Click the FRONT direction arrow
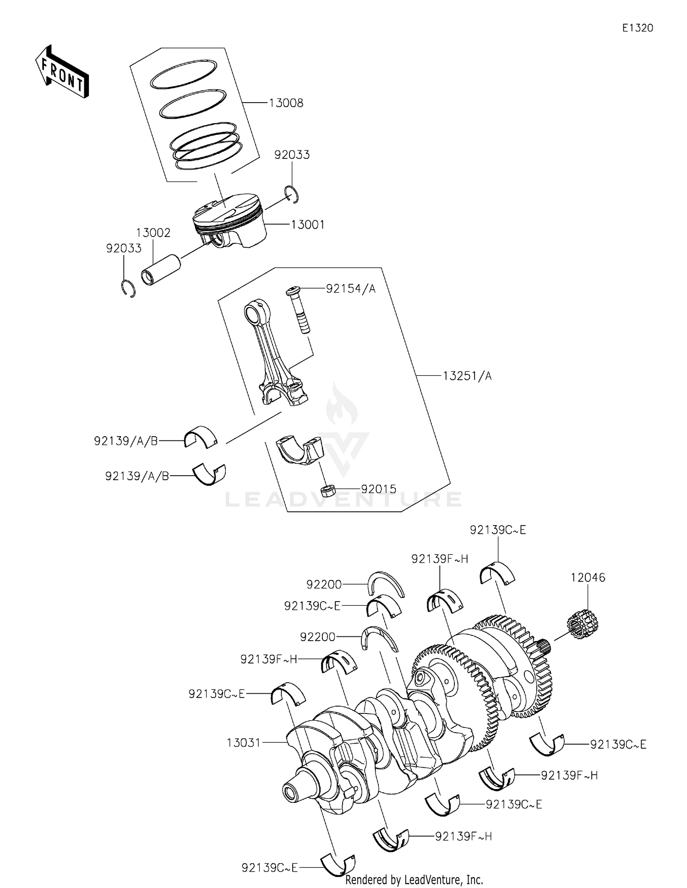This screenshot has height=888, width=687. (x=62, y=72)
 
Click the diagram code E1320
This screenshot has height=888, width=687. (x=637, y=28)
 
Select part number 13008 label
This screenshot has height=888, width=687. (x=286, y=103)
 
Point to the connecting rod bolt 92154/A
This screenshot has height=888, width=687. (x=297, y=310)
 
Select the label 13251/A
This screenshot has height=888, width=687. (x=467, y=376)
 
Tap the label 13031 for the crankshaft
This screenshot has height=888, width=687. (x=243, y=743)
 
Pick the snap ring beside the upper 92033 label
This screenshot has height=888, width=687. (x=292, y=194)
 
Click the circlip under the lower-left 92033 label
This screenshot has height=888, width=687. (x=129, y=288)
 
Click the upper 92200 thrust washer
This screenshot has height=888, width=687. (x=387, y=584)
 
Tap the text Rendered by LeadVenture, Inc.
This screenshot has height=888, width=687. (x=414, y=879)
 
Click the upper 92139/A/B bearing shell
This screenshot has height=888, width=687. (x=201, y=437)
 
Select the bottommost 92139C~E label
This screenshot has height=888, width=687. (x=269, y=867)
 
